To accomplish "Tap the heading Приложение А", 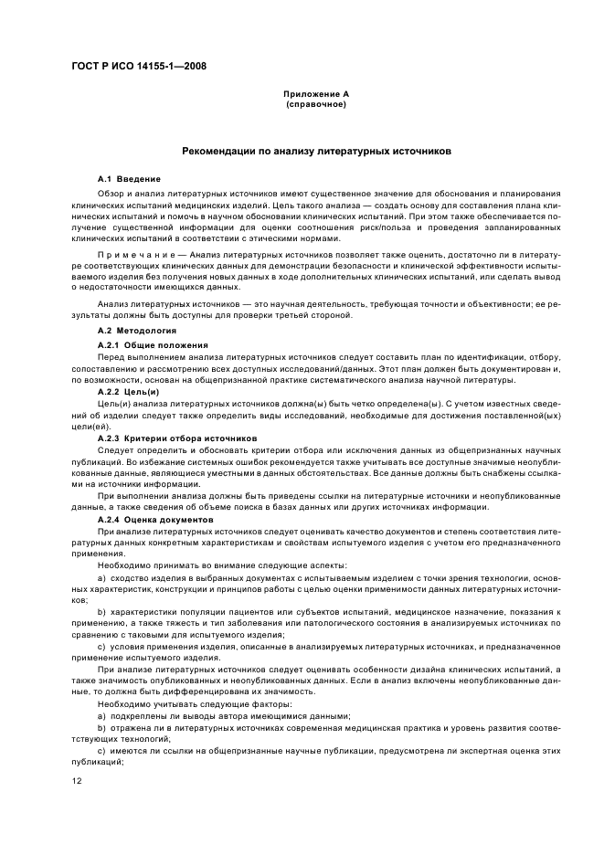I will click(316, 94).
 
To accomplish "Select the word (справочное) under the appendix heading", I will click(316, 104).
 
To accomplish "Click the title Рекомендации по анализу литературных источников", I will click(315, 151).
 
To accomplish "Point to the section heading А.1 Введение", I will click(129, 178).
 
